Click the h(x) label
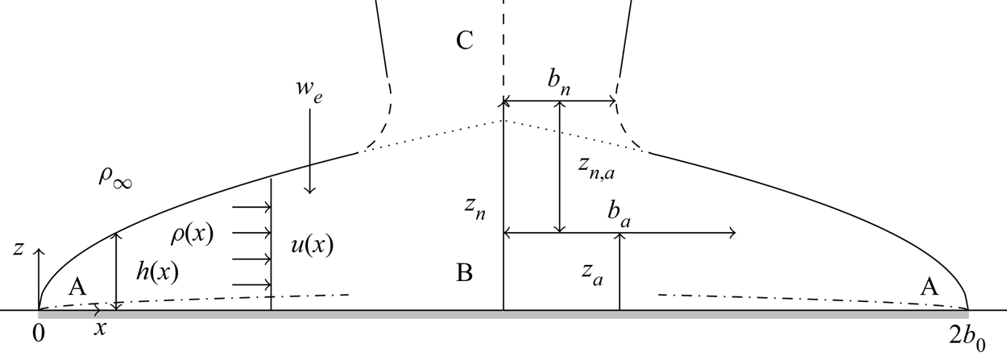pyautogui.click(x=157, y=272)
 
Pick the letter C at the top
pyautogui.click(x=464, y=41)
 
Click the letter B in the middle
pyautogui.click(x=464, y=273)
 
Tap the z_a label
pyautogui.click(x=591, y=276)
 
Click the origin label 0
pyautogui.click(x=39, y=332)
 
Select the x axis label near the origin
pyautogui.click(x=100, y=329)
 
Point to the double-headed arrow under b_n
pyautogui.click(x=560, y=101)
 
